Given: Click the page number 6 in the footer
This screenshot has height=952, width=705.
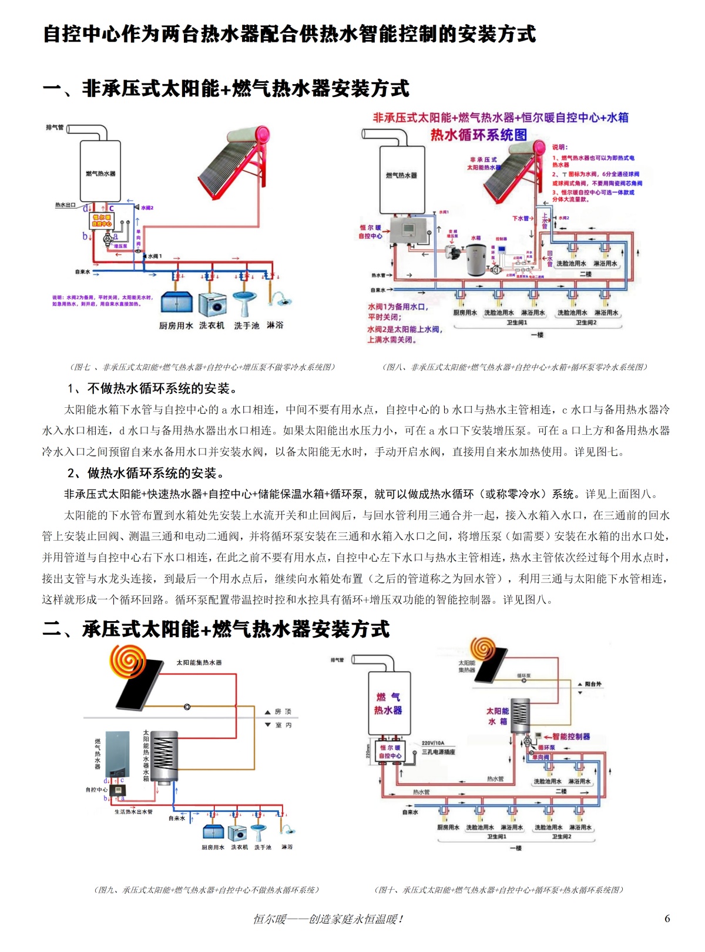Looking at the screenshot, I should point(667,919).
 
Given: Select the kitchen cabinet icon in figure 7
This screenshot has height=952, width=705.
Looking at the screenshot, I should point(177,302).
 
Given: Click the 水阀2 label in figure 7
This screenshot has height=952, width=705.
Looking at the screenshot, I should point(147,207).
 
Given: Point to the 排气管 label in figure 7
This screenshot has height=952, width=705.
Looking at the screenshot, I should point(55,127).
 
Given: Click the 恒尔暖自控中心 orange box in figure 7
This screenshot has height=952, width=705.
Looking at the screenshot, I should point(102,220).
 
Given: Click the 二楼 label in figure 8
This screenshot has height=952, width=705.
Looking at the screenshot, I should point(586,274).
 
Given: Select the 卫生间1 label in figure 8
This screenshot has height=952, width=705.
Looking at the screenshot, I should point(518,323).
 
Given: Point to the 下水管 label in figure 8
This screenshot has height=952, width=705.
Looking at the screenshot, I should point(520,218).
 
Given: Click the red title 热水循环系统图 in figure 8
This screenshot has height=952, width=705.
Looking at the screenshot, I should point(479,135).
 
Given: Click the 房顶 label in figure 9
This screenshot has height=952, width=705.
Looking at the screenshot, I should point(283,712).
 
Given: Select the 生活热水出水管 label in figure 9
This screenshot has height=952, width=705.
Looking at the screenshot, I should point(133,812).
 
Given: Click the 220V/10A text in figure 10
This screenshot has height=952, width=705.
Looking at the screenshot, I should point(433,743).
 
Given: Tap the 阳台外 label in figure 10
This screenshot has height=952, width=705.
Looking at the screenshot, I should point(593,684).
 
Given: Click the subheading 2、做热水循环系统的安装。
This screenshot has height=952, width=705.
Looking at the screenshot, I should point(146,473).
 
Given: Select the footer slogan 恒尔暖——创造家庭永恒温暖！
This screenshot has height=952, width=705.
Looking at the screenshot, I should point(328,919).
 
